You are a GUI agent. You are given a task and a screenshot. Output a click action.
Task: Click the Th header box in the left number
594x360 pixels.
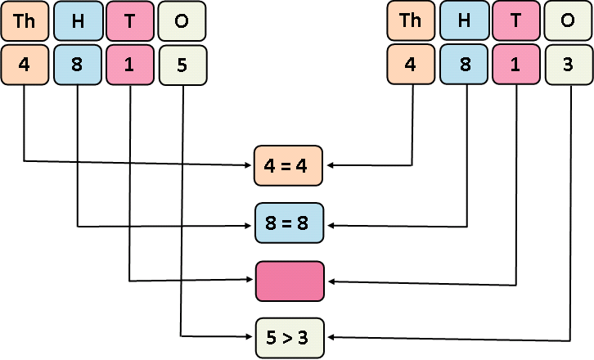[25, 21]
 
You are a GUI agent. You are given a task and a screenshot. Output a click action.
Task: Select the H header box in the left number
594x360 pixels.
[78, 21]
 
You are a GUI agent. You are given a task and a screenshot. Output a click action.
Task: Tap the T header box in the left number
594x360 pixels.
[130, 21]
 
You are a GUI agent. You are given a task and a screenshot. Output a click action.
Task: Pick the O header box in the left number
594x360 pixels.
[182, 21]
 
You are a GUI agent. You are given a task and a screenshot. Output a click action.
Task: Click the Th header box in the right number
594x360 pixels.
[411, 21]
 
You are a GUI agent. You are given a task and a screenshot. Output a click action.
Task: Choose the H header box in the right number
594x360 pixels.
[464, 21]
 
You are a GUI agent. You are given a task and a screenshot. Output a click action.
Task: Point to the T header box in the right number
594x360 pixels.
[516, 21]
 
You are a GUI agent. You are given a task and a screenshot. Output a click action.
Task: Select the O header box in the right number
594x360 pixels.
[568, 21]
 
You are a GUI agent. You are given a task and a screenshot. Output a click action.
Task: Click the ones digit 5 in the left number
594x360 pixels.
[182, 65]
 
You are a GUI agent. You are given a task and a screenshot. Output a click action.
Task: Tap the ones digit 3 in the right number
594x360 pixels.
[568, 65]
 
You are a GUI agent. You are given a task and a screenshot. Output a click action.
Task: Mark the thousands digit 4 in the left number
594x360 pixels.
[25, 65]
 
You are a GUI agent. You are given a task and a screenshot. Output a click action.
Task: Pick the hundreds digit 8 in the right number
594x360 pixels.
[464, 65]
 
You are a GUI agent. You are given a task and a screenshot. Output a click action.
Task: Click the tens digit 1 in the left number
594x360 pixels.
[130, 65]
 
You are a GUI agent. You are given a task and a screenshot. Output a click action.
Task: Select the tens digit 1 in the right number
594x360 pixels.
[516, 65]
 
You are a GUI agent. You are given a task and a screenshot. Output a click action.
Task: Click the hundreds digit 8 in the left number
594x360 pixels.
[78, 65]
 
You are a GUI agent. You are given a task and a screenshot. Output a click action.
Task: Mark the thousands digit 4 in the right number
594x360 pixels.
[411, 65]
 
